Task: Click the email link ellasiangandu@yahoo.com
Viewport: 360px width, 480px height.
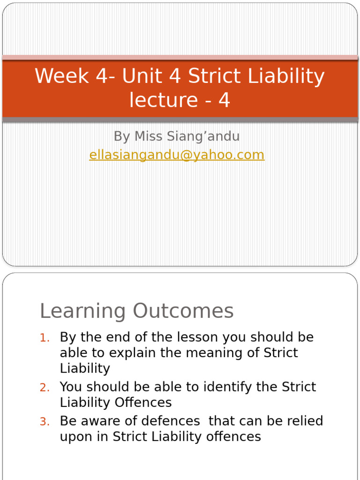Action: [x=177, y=155]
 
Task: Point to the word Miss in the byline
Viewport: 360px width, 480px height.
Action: [x=149, y=136]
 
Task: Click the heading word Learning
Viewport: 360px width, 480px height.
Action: [x=83, y=311]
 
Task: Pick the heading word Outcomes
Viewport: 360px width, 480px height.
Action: [x=183, y=311]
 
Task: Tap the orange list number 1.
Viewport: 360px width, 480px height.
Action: [x=44, y=338]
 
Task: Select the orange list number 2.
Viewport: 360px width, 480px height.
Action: [x=44, y=388]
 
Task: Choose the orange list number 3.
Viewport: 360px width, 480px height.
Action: [x=44, y=422]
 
